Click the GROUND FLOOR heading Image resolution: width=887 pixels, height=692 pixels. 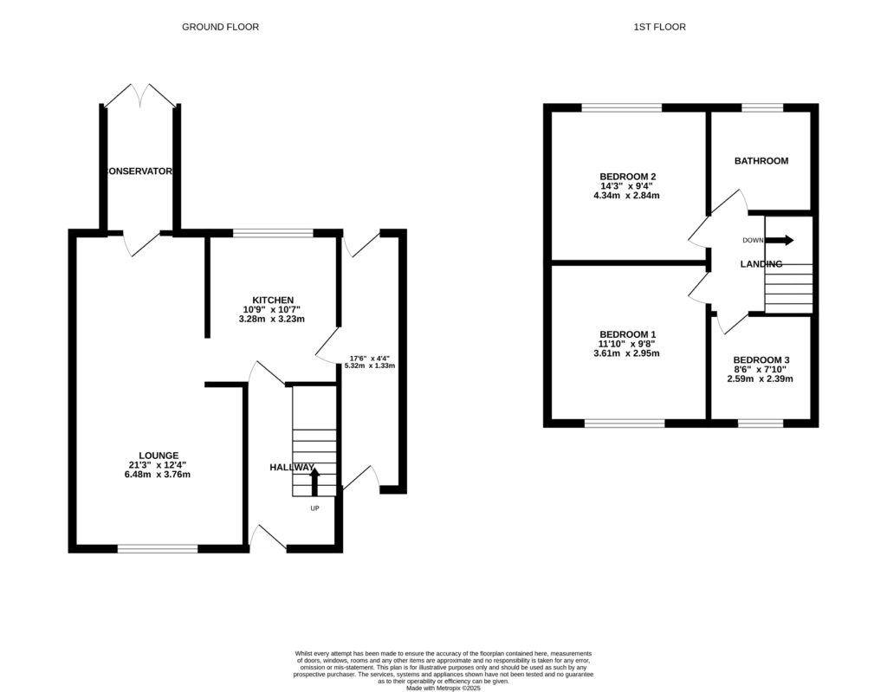220,27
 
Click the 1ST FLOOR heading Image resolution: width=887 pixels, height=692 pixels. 659,27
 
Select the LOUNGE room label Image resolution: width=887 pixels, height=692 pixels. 159,455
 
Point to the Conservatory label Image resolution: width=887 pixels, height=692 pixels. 139,171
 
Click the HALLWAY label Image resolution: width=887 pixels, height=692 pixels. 291,468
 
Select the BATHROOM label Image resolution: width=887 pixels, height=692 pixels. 761,161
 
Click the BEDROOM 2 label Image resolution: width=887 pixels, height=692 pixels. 623,176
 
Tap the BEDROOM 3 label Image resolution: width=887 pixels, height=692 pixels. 761,359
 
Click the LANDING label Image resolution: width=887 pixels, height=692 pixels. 761,264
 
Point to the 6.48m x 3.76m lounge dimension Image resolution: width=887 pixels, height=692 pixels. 159,475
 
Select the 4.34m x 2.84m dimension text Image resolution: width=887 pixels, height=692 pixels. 623,196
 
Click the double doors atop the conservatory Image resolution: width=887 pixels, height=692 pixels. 140,94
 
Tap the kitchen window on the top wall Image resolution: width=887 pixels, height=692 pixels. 273,232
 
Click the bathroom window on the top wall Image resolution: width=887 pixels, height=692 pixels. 761,107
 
